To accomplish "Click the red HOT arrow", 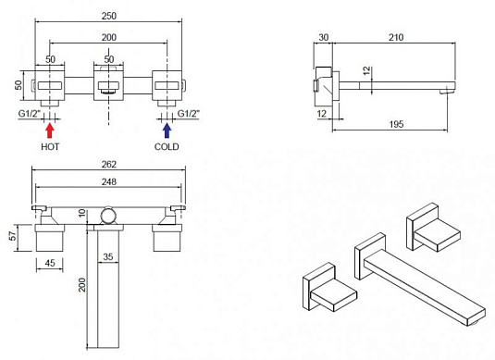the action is (50, 130).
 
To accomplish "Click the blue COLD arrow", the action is (167, 130).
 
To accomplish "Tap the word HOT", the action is (50, 147).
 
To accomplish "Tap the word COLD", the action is (167, 147).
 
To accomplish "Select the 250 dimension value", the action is (109, 16).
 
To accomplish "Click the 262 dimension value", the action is (109, 165).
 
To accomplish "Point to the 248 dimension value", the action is (109, 181).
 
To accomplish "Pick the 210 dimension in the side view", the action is (396, 38).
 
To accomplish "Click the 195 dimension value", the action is (396, 124).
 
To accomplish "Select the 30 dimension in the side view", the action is (324, 38).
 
